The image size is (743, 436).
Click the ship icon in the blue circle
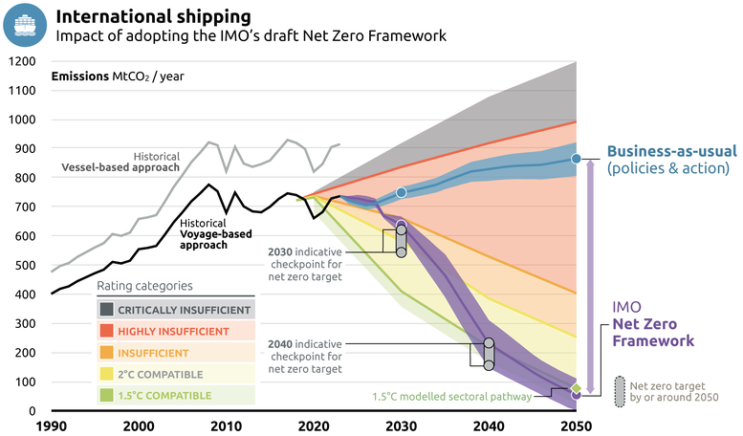[25, 25]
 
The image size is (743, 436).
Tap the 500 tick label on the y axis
[23, 265]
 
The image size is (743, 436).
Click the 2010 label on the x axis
[226, 425]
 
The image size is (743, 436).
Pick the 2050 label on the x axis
[576, 425]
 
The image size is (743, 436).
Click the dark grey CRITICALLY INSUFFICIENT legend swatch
[107, 310]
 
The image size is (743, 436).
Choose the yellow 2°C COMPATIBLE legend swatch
[107, 373]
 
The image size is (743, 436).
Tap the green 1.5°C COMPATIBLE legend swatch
[107, 394]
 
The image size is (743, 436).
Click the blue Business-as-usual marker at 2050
[576, 158]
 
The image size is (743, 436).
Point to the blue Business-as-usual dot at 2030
[402, 193]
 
